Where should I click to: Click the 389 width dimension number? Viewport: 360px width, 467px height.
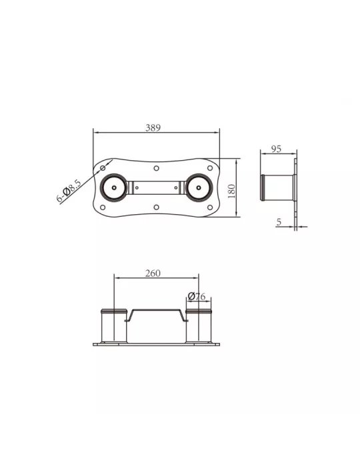point(153,128)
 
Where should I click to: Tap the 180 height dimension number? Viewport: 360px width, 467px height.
point(231,191)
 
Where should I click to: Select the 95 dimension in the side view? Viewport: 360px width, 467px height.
point(276,149)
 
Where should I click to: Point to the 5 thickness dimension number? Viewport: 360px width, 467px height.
point(279,222)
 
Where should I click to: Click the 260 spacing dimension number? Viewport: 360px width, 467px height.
point(153,273)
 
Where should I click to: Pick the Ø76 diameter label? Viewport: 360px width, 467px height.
point(197,296)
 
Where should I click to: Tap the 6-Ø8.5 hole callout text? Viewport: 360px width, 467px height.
point(69,191)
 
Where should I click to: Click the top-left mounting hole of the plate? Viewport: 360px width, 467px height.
point(103,168)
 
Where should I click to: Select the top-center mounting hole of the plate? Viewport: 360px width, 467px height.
point(156,168)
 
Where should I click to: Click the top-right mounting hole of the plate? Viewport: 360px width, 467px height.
point(210,168)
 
